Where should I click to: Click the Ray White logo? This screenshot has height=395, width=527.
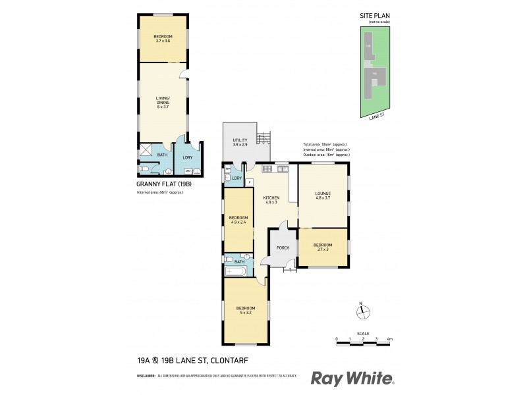(x=352, y=378)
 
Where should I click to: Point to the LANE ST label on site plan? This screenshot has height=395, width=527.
(x=376, y=116)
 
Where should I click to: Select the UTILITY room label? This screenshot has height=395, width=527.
(x=240, y=142)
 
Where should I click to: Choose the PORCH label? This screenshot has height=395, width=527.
(x=283, y=248)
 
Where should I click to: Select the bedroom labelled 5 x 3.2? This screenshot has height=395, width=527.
(x=245, y=310)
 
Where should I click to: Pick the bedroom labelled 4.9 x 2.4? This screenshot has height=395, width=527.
(x=238, y=220)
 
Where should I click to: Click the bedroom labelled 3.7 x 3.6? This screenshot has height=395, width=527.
(x=163, y=38)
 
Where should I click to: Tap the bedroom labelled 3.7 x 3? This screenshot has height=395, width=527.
(x=322, y=247)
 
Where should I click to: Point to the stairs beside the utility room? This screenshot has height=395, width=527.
(x=263, y=138)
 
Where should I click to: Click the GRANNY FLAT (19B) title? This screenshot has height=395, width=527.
(x=164, y=184)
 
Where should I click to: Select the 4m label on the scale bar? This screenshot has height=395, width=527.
(x=390, y=338)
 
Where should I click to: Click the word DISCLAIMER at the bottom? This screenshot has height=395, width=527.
(x=146, y=376)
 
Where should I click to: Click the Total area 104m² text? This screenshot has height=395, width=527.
(x=325, y=144)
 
